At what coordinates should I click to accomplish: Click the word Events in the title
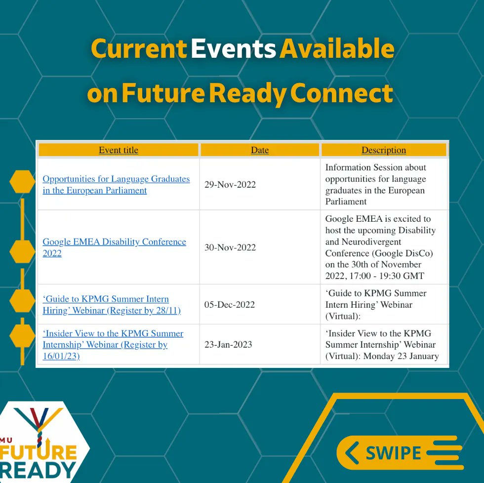233,49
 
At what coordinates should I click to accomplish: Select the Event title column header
119,150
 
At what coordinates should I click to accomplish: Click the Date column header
260,150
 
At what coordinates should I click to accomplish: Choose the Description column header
384,150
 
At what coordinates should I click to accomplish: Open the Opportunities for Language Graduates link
116,185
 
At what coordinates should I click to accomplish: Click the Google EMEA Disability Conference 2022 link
114,247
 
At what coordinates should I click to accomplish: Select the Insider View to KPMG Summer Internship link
113,345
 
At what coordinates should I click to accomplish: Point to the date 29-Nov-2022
230,185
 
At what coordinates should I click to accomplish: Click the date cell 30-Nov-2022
230,247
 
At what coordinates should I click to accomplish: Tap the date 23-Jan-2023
228,345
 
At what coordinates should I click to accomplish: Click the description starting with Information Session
375,184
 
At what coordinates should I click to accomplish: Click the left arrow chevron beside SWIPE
352,453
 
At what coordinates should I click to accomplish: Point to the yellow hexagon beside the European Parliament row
22,182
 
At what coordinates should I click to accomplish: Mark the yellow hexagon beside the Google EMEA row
22,251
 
